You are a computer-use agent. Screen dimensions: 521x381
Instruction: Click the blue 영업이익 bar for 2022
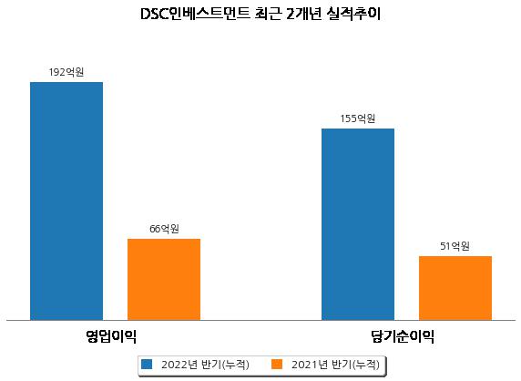coord(66,201)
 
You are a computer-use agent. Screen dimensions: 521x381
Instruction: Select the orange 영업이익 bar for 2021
coord(164,280)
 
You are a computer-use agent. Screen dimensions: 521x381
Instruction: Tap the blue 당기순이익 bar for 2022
coord(358,224)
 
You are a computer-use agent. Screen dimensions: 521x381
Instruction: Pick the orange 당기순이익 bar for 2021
coord(455,288)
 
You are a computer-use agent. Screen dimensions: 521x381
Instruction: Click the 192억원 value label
coord(66,72)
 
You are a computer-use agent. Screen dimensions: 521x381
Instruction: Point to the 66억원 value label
coord(164,229)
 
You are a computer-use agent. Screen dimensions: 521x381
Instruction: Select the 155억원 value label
coord(358,118)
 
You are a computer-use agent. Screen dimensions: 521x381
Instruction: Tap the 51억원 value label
coord(455,246)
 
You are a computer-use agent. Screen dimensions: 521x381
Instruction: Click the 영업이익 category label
coord(111,336)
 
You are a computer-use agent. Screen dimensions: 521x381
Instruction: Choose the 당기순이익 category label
coord(403,336)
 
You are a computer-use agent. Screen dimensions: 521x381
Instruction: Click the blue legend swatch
coord(147,364)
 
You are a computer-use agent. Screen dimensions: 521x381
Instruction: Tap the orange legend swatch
coord(277,364)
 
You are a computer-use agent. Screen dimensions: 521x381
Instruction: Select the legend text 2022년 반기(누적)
coord(205,365)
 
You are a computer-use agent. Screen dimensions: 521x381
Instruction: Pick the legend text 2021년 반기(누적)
coord(335,365)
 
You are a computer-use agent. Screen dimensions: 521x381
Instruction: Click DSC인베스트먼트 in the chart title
coord(195,14)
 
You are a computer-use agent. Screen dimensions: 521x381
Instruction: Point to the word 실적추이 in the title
coord(353,14)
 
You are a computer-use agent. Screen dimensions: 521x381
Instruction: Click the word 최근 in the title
coord(268,14)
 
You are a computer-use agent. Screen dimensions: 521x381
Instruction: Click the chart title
coord(260,14)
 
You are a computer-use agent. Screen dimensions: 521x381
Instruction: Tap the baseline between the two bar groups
coord(260,321)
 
